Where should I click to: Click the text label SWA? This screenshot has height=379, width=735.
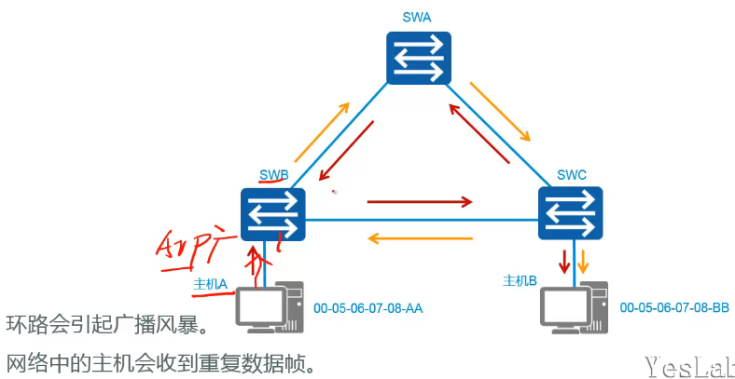(418, 16)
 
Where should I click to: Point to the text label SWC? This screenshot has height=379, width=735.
(571, 174)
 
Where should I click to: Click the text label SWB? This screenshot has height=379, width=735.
(273, 175)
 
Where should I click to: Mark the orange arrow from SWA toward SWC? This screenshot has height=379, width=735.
(500, 111)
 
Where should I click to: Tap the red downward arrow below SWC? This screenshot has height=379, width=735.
(562, 261)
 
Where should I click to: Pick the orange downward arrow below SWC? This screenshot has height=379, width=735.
(583, 261)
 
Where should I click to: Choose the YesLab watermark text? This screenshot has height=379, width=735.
(688, 363)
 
